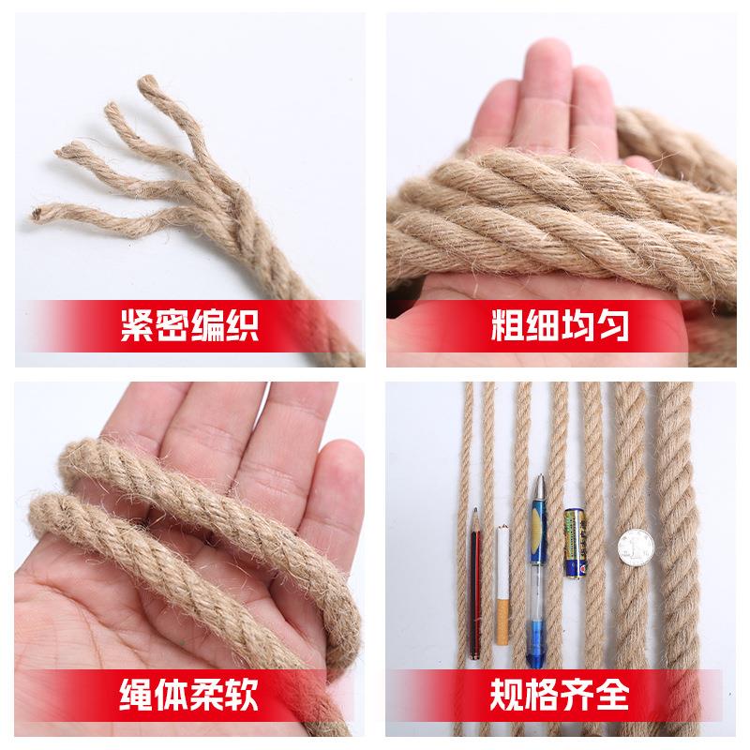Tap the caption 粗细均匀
click(x=560, y=326)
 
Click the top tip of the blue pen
click(x=540, y=480)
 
